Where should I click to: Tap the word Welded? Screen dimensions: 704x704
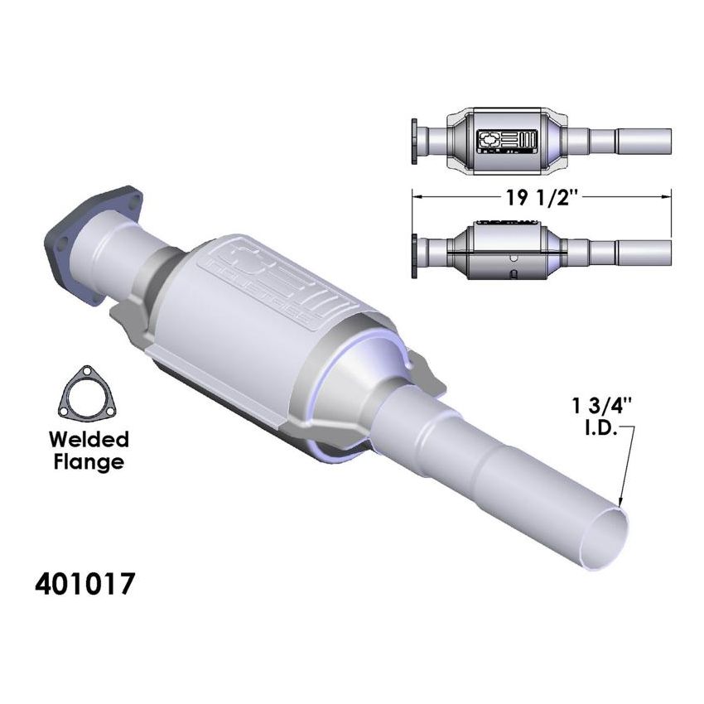point(87,438)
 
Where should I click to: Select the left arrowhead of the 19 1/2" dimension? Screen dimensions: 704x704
point(417,197)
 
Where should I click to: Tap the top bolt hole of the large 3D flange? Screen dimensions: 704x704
point(128,195)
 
